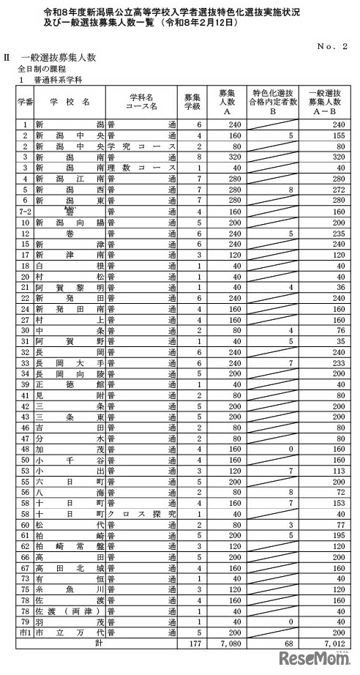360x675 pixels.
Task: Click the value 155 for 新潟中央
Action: (x=339, y=135)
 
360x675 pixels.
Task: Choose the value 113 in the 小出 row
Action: (x=339, y=470)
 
